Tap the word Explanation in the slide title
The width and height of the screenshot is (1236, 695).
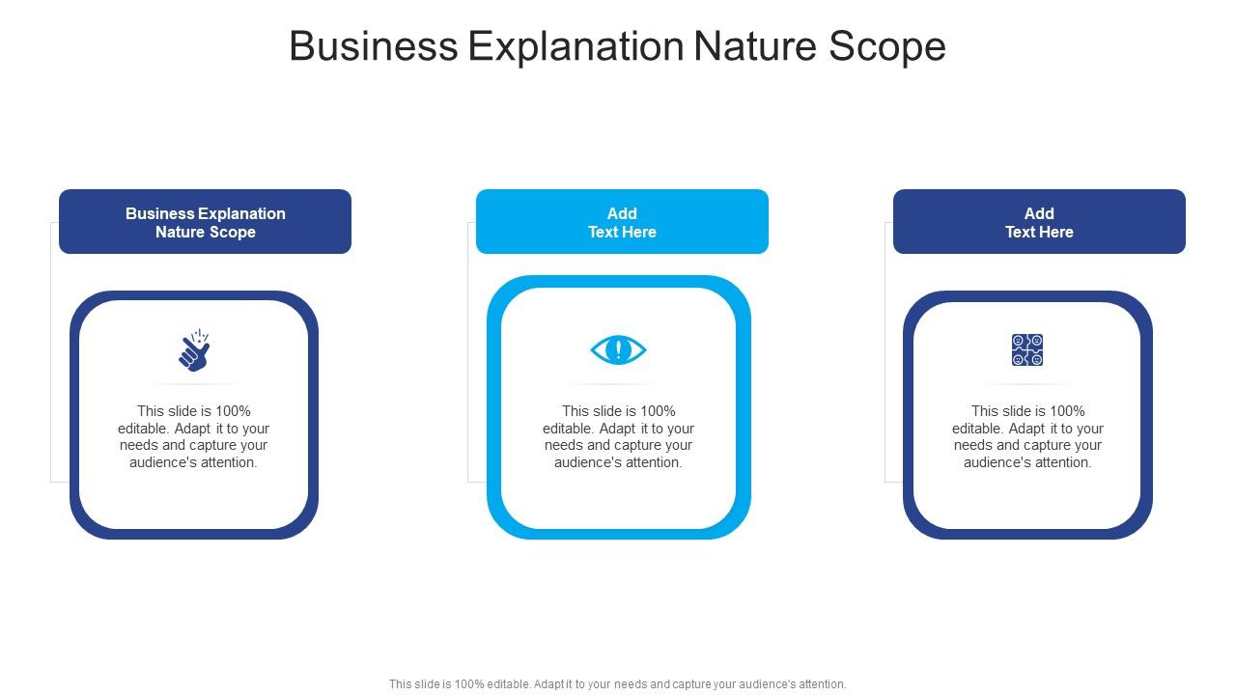point(576,46)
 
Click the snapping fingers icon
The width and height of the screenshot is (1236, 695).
point(194,350)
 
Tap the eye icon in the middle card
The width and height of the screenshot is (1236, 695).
point(618,349)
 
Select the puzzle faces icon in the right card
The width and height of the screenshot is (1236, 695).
point(1027,349)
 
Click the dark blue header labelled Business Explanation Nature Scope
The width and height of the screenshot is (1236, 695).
point(205,222)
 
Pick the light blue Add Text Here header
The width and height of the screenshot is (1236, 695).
point(622,222)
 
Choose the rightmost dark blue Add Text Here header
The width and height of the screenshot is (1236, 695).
point(1039,222)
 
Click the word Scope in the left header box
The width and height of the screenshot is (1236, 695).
point(233,232)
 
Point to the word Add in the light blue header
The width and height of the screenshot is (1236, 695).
point(622,213)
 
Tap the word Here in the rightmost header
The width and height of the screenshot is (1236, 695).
point(1055,232)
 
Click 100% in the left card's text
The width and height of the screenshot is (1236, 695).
point(233,411)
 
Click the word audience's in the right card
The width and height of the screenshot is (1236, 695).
point(994,462)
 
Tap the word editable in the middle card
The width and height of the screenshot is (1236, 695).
point(569,429)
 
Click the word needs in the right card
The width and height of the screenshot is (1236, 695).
point(974,445)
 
